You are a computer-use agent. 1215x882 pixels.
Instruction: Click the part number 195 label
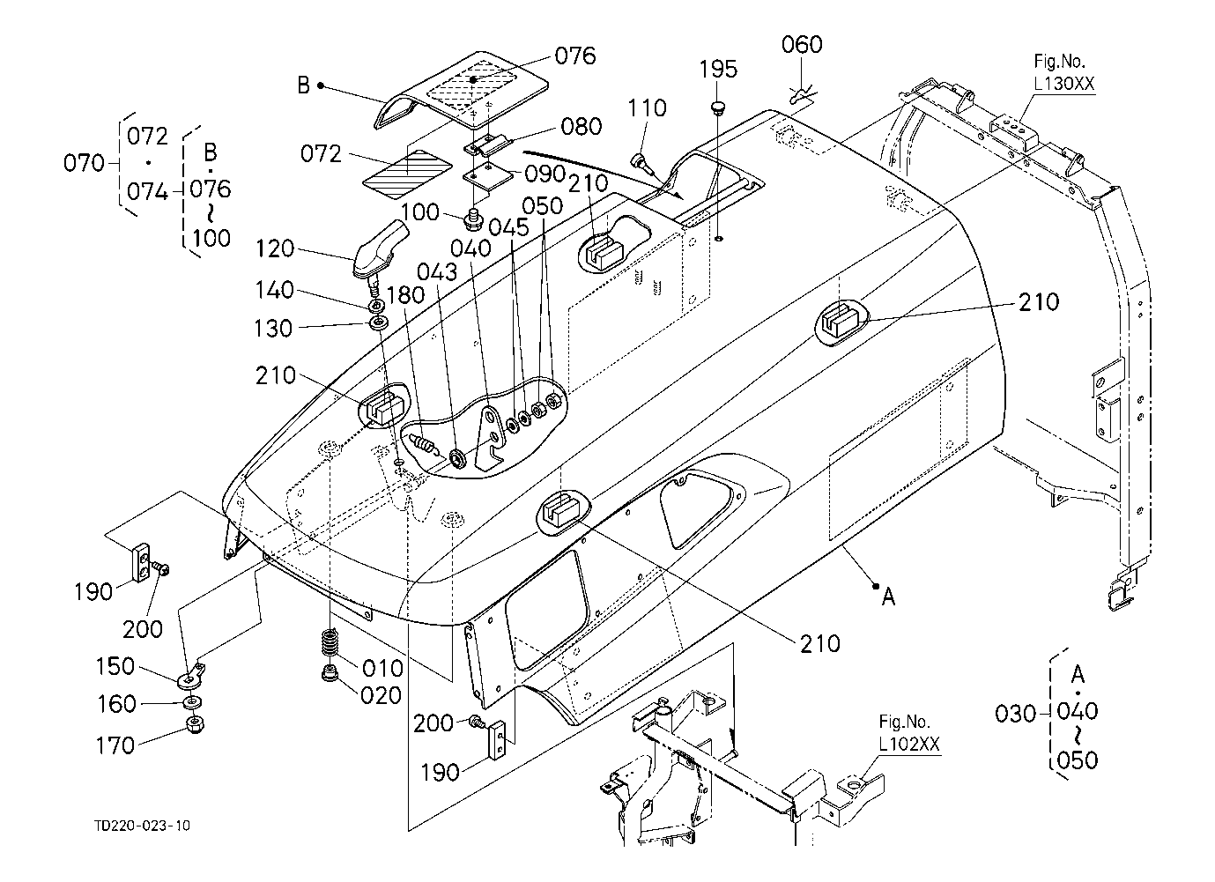(717, 70)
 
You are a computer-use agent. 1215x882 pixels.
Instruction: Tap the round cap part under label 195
(717, 106)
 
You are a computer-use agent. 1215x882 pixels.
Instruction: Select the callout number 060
(802, 44)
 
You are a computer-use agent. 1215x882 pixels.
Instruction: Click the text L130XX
(1063, 84)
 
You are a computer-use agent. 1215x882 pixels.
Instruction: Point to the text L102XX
(909, 745)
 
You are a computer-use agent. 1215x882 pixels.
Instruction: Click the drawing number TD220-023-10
(142, 826)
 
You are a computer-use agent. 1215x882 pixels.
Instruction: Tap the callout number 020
(381, 696)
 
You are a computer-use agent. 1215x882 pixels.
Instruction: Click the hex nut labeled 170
(195, 724)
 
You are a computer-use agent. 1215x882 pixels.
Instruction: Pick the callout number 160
(116, 704)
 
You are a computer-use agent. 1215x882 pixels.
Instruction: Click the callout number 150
(115, 667)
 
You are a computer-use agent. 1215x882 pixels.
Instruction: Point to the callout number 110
(647, 108)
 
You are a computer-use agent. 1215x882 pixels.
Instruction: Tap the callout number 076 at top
(575, 56)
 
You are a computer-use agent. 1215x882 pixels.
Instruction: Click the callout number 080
(581, 127)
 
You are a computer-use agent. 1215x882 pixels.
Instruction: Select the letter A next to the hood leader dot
(888, 597)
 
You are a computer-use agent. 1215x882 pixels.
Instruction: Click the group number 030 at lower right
(1015, 714)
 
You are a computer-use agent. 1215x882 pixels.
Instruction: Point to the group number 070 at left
(84, 163)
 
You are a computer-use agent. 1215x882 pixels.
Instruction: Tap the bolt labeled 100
(472, 218)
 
